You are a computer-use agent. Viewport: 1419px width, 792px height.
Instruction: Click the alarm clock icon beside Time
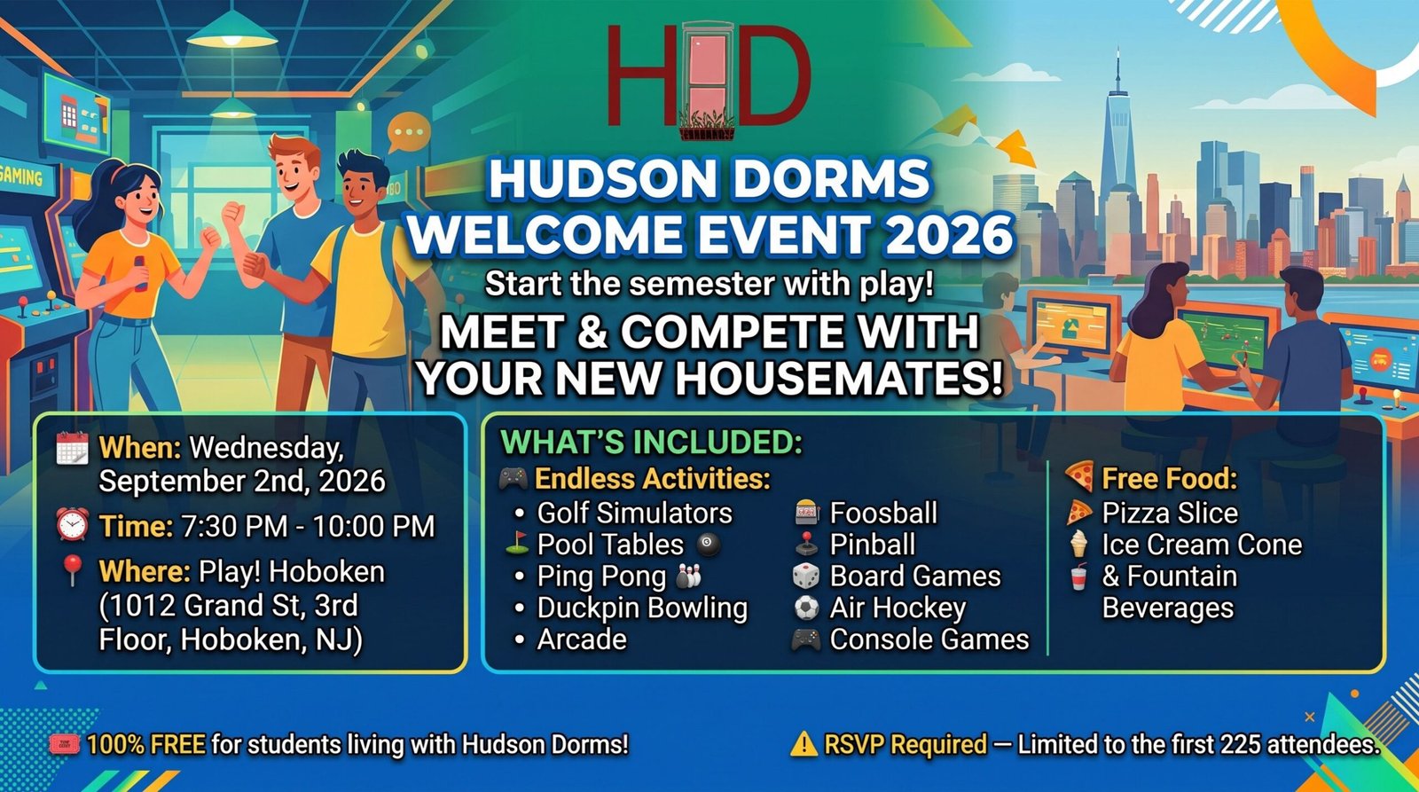pyautogui.click(x=72, y=525)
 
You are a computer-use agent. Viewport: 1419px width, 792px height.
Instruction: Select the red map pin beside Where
pyautogui.click(x=72, y=571)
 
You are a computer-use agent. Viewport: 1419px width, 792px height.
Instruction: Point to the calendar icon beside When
pyautogui.click(x=72, y=449)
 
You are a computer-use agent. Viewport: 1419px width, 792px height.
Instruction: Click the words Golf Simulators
pyautogui.click(x=634, y=513)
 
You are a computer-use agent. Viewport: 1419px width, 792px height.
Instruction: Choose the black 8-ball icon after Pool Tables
pyautogui.click(x=709, y=545)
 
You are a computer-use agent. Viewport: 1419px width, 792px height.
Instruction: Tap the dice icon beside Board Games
pyautogui.click(x=806, y=576)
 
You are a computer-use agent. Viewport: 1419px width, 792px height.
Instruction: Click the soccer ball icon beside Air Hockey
pyautogui.click(x=806, y=608)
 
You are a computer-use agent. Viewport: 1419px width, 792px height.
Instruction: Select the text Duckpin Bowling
pyautogui.click(x=642, y=608)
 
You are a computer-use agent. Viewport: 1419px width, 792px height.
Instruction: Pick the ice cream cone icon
pyautogui.click(x=1078, y=544)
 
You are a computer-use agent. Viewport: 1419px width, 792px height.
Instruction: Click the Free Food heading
pyautogui.click(x=1170, y=478)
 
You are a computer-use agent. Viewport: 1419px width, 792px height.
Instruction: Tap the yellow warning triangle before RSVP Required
pyautogui.click(x=804, y=744)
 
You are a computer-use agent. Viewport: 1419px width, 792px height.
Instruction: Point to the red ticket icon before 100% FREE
pyautogui.click(x=65, y=744)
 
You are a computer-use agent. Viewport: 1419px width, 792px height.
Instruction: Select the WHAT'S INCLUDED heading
pyautogui.click(x=651, y=442)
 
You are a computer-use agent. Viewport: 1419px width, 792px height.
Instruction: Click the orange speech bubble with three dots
pyautogui.click(x=408, y=132)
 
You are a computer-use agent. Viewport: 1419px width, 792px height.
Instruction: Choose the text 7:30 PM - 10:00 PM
pyautogui.click(x=309, y=526)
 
